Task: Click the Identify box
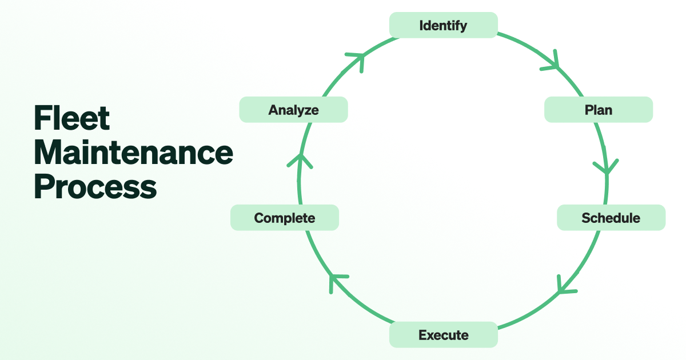click(x=443, y=26)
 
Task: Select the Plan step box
click(x=598, y=110)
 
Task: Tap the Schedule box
click(x=611, y=218)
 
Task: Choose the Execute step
click(x=443, y=335)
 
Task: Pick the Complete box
click(x=284, y=218)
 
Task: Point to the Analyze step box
click(x=293, y=110)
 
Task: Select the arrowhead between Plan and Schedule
click(x=606, y=167)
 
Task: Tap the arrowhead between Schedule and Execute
click(x=565, y=286)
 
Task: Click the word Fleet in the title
click(x=72, y=118)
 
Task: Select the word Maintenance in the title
click(x=133, y=153)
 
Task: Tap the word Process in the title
click(x=95, y=187)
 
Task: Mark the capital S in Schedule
click(x=587, y=218)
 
